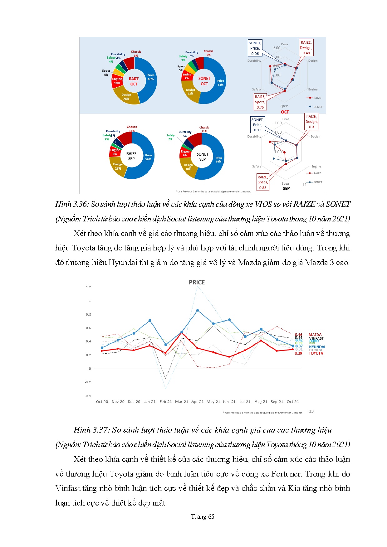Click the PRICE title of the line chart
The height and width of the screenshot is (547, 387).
(197, 282)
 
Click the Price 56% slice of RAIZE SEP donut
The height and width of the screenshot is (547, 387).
(145, 159)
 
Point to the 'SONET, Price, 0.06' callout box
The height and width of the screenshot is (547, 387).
(255, 48)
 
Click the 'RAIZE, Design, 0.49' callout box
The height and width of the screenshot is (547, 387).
(306, 48)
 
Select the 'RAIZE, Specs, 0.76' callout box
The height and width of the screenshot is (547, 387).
(260, 102)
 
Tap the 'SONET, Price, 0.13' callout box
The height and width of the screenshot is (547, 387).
(257, 125)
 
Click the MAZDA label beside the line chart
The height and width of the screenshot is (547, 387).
(315, 335)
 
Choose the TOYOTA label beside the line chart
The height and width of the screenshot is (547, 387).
(316, 353)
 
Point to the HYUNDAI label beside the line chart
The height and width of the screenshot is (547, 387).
(317, 347)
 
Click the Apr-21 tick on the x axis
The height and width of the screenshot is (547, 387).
(197, 402)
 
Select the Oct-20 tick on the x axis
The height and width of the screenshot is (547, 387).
(102, 402)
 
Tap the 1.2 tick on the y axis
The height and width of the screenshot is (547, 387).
(89, 287)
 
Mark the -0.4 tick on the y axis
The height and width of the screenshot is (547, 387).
(88, 396)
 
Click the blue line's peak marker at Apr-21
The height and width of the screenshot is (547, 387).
(198, 311)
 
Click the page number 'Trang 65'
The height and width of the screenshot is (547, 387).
(203, 516)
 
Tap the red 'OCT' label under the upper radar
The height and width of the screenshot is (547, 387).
(285, 112)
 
